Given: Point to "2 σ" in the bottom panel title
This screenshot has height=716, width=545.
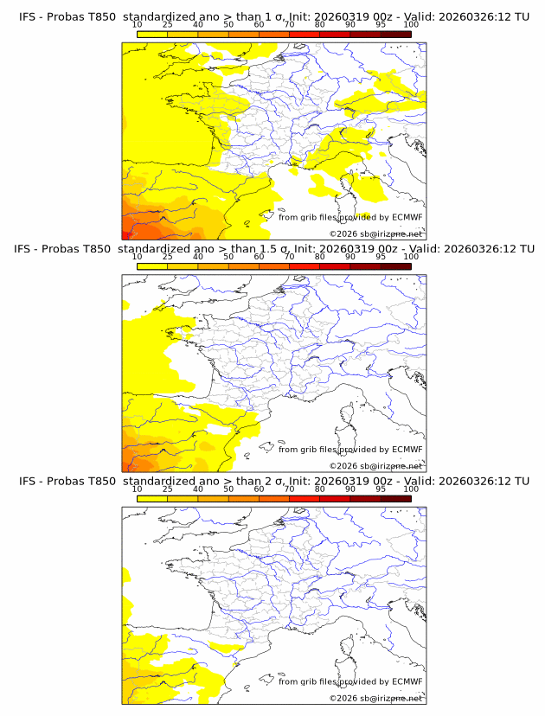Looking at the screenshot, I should pyautogui.click(x=277, y=480).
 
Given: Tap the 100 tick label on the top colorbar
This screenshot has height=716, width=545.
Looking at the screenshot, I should pyautogui.click(x=411, y=26).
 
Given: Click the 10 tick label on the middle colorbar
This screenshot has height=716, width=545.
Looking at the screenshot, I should pyautogui.click(x=137, y=257).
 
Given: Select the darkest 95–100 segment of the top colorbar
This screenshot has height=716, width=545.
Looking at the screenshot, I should pyautogui.click(x=395, y=34).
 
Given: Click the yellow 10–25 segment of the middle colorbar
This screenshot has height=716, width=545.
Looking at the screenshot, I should pyautogui.click(x=152, y=265).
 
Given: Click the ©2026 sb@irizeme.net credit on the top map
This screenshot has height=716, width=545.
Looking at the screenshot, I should pyautogui.click(x=375, y=233).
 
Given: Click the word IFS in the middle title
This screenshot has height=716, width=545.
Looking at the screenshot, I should pyautogui.click(x=27, y=249).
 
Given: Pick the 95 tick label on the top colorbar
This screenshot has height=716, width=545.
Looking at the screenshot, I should pyautogui.click(x=381, y=26).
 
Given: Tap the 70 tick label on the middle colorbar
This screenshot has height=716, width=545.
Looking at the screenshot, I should pyautogui.click(x=289, y=257).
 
